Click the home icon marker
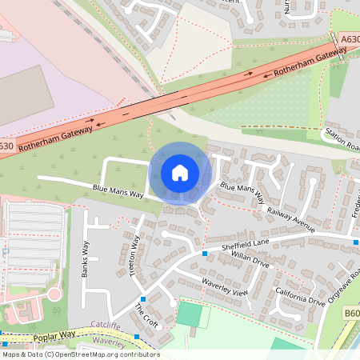tap(180, 173)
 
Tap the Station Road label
tap(342, 139)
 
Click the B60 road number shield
tap(351, 311)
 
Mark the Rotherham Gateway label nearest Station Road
tap(309, 62)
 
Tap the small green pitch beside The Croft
tap(189, 313)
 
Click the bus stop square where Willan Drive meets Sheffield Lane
tap(206, 254)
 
